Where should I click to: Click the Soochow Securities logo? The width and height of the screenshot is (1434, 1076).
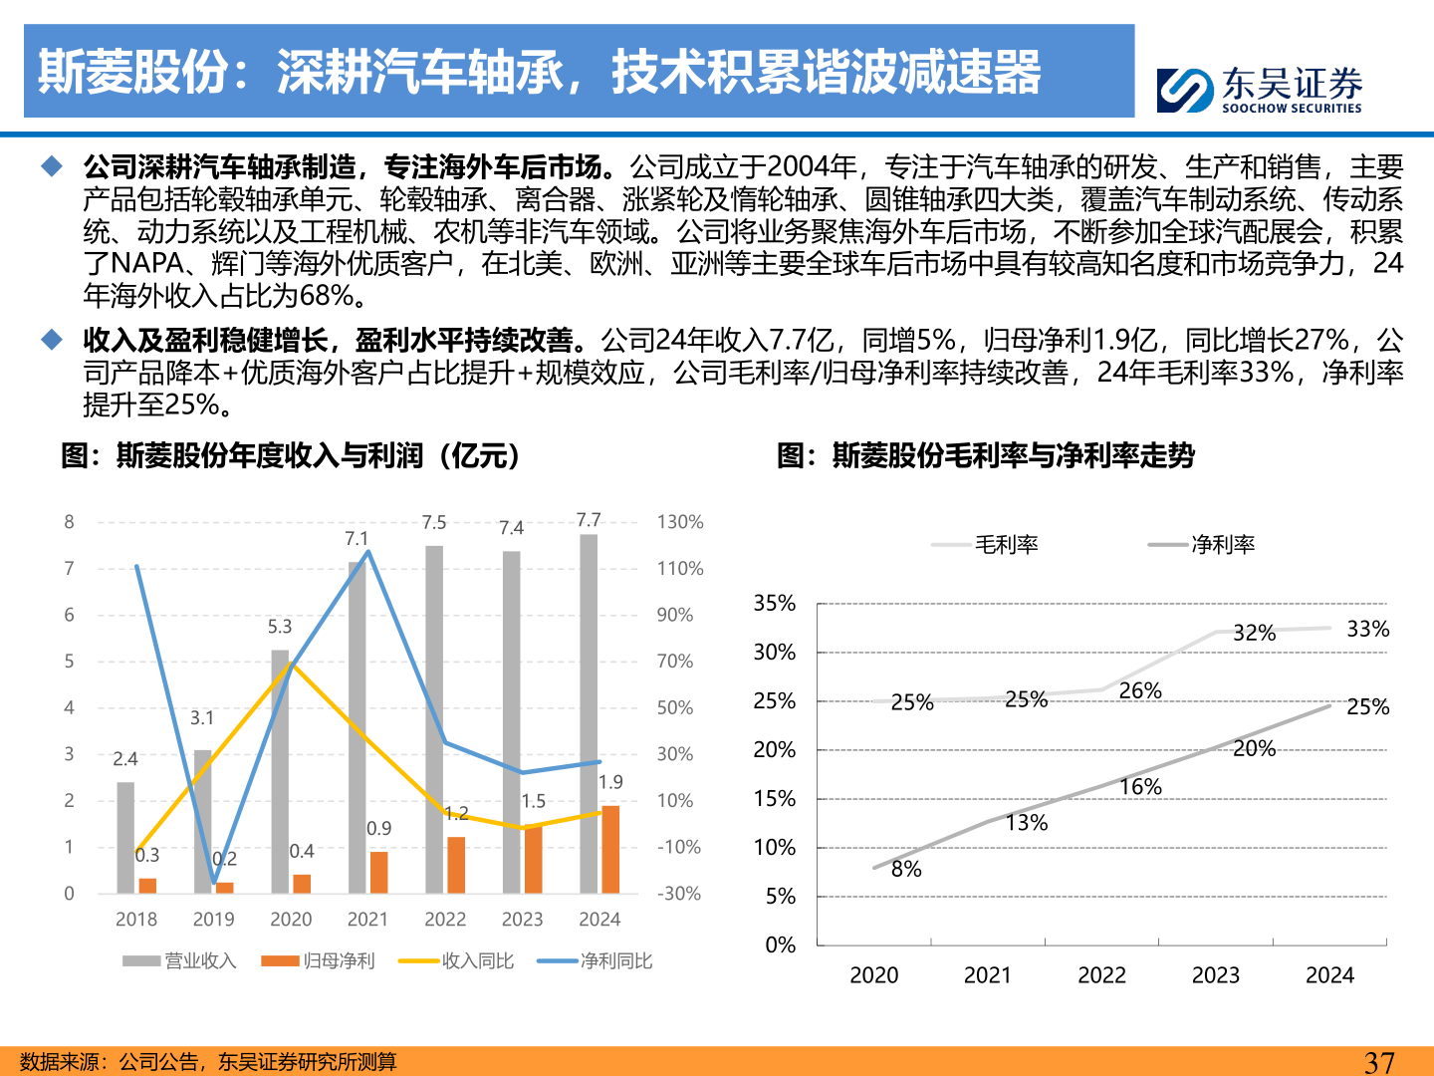tap(1259, 90)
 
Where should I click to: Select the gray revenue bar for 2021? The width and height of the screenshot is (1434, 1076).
tap(357, 727)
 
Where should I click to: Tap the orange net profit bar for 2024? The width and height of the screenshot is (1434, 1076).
tap(610, 849)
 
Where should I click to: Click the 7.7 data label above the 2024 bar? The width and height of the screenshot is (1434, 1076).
tap(589, 520)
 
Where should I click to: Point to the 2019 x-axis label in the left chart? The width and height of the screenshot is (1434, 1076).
tap(213, 919)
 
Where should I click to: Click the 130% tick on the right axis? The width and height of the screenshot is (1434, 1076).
tap(680, 522)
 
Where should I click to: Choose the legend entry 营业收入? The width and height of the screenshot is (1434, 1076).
tap(180, 960)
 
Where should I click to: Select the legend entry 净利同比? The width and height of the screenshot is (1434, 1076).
tap(596, 960)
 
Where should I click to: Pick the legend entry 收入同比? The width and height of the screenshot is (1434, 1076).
tap(457, 960)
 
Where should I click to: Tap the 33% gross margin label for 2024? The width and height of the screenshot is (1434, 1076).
tap(1367, 629)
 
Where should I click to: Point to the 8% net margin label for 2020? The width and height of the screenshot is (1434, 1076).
tap(906, 869)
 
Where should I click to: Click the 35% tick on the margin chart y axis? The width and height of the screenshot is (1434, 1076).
tap(774, 604)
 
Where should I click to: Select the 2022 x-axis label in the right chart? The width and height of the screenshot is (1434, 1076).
tap(1101, 975)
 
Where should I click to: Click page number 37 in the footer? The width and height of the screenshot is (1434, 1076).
tap(1379, 1062)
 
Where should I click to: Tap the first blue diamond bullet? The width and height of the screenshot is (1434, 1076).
tap(52, 166)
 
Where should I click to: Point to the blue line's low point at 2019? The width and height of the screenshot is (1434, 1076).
tap(213, 883)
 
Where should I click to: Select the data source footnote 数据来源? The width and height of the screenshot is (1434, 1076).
tap(208, 1062)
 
